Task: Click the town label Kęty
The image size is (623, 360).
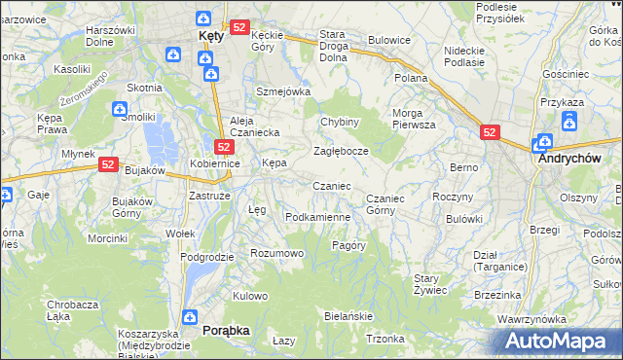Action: [x=211, y=35]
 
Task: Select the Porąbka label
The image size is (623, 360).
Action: [x=226, y=330]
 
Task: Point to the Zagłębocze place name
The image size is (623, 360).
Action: [x=340, y=152]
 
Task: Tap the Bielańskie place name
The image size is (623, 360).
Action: [x=348, y=317]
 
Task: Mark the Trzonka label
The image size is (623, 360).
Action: [x=385, y=339]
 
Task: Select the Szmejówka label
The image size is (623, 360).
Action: [x=282, y=91]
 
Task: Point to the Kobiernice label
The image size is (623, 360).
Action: [x=215, y=163]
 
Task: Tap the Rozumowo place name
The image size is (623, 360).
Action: [x=277, y=253]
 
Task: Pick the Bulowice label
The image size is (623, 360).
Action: [x=389, y=41]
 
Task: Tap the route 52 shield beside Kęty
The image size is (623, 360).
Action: [x=240, y=27]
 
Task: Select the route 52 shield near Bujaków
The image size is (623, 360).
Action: [x=108, y=166]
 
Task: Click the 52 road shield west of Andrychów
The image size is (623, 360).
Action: [x=491, y=133]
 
